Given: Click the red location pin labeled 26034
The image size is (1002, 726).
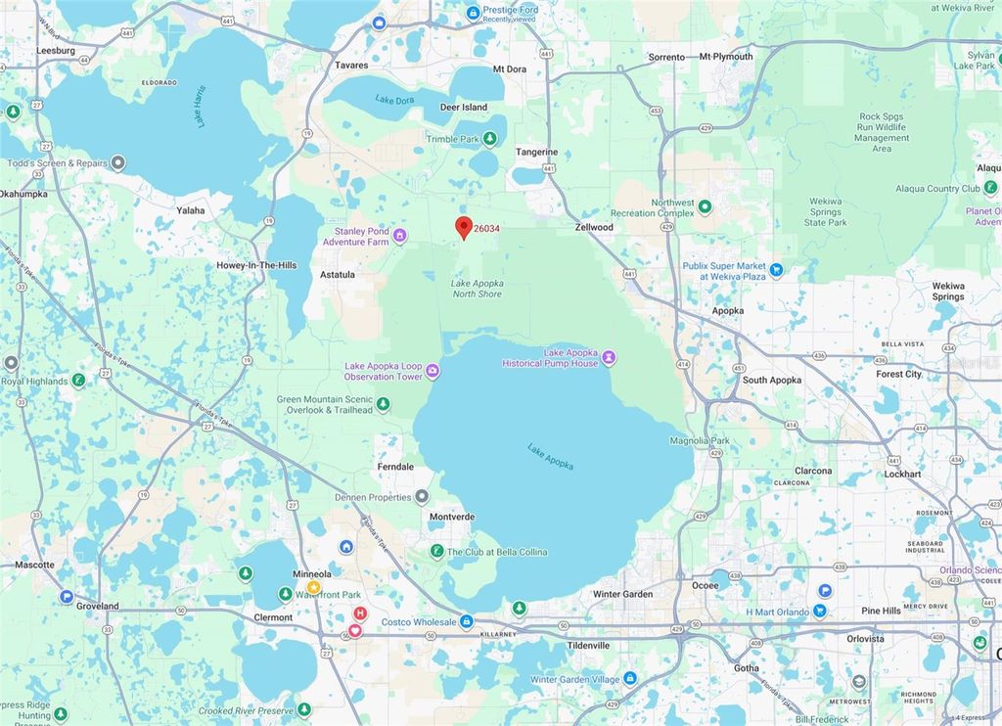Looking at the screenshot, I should point(465,227).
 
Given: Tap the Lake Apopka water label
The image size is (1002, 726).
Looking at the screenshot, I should point(550,457).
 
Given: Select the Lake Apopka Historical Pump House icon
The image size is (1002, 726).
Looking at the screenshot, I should point(609,358).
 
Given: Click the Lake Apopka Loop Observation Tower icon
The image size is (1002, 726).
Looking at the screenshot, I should point(433,371).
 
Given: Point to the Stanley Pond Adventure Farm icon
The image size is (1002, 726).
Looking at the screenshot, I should point(399,235).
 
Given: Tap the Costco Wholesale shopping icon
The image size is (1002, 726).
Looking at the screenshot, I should point(467,621).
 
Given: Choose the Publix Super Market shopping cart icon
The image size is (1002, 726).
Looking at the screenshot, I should point(776,269).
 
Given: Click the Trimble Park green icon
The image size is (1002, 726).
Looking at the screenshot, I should point(489,139).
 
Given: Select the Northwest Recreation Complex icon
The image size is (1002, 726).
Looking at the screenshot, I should point(705,207).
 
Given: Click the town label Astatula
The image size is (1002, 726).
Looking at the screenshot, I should point(338,275).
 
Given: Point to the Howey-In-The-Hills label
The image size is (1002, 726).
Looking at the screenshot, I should point(256,265).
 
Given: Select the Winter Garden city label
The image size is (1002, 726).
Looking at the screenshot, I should point(622,594).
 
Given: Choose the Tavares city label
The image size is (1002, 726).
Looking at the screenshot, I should point(351,66).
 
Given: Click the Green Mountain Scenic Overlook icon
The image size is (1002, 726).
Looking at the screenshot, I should point(384,404).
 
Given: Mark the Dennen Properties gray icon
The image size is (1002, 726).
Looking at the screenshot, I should point(422,497).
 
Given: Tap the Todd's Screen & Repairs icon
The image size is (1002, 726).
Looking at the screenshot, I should point(118,162).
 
